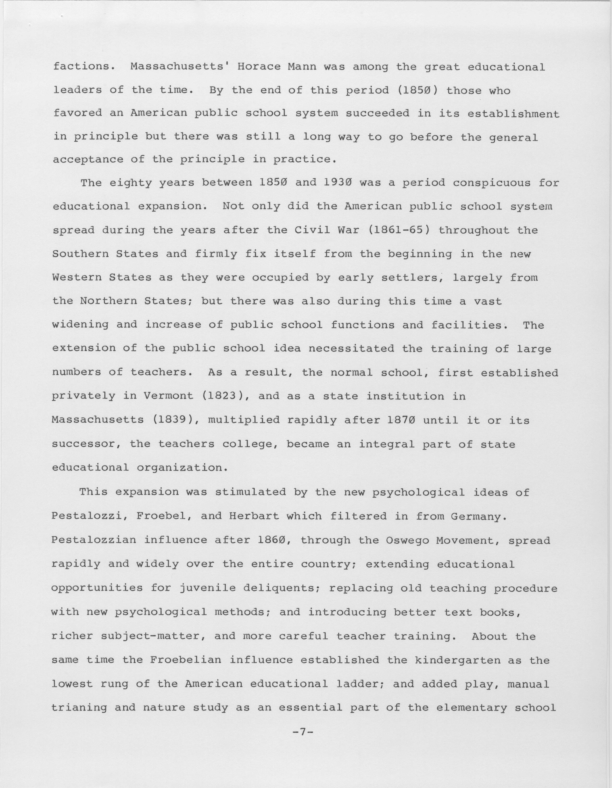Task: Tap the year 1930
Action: tap(338, 183)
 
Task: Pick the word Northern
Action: tap(108, 301)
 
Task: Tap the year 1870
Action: tap(401, 420)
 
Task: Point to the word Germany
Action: tap(479, 516)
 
